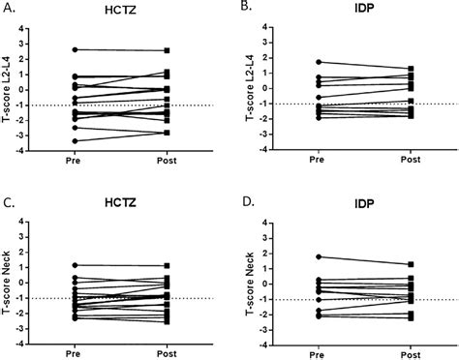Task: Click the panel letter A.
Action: (x=10, y=9)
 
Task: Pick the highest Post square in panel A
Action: (x=168, y=50)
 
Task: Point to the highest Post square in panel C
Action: (x=168, y=265)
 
